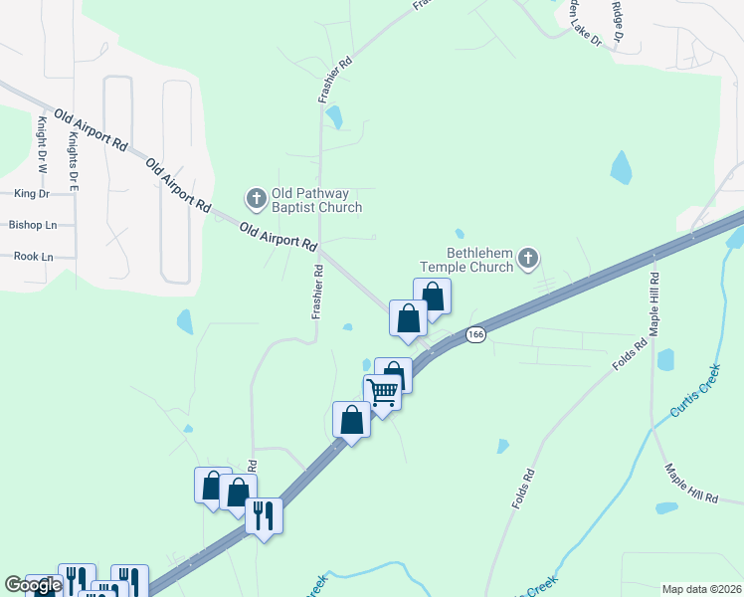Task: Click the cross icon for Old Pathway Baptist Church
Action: pyautogui.click(x=256, y=198)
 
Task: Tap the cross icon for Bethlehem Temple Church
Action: pyautogui.click(x=527, y=260)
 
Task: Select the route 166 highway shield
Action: pyautogui.click(x=475, y=335)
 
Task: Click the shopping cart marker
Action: pyautogui.click(x=383, y=392)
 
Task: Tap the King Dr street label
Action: pyautogui.click(x=32, y=193)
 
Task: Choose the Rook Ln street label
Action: pyautogui.click(x=33, y=256)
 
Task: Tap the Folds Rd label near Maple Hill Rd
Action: pyautogui.click(x=630, y=355)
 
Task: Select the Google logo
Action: pyautogui.click(x=33, y=586)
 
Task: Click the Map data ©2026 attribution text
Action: pyautogui.click(x=701, y=588)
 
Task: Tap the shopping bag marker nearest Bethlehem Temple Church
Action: pyautogui.click(x=432, y=297)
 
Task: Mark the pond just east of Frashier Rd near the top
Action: pyautogui.click(x=334, y=116)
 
